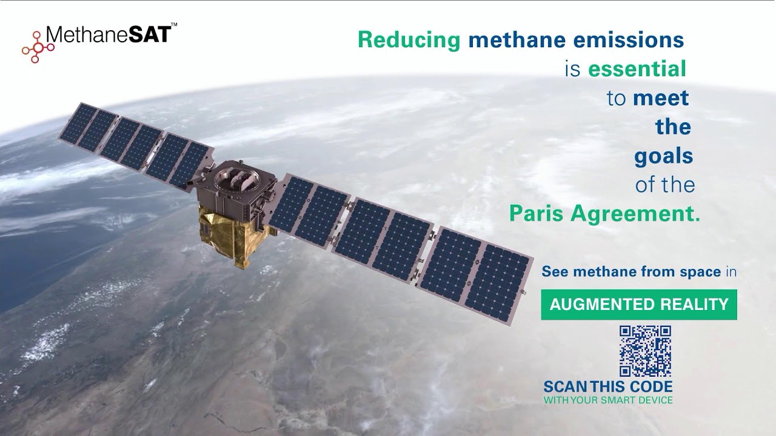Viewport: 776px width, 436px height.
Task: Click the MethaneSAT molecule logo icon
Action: (x=38, y=47)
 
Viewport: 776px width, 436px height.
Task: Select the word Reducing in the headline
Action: (x=409, y=40)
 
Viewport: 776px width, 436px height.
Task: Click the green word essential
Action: (x=637, y=69)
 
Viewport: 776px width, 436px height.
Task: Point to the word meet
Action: (x=661, y=98)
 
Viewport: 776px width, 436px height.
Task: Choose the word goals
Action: (x=663, y=156)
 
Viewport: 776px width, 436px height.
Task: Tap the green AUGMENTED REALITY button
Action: (x=639, y=305)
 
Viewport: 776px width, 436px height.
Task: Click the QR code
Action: (x=645, y=351)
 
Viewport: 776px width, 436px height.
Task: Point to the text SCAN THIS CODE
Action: (x=608, y=386)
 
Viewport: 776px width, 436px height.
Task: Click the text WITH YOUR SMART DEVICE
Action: (x=608, y=400)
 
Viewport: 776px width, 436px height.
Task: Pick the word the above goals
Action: (x=673, y=127)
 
